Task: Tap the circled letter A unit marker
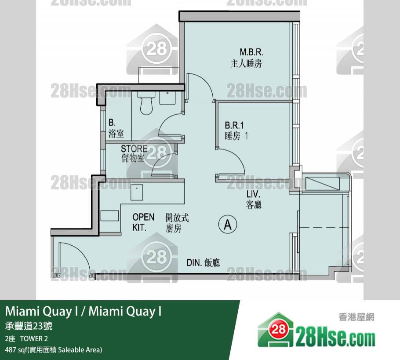(x=228, y=225)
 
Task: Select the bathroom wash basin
(x=167, y=98)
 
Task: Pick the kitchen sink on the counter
(x=137, y=193)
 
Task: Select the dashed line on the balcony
(x=324, y=227)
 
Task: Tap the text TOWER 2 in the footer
(x=34, y=338)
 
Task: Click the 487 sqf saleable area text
(x=54, y=349)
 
